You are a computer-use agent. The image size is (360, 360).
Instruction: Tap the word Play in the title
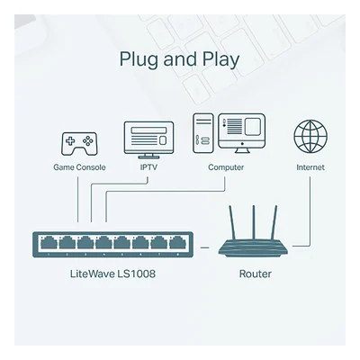point(220,59)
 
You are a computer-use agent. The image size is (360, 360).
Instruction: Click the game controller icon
point(79,144)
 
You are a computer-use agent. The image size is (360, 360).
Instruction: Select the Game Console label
point(79,167)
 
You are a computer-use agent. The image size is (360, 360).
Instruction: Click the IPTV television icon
point(148,139)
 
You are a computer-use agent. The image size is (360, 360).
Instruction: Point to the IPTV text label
point(148,167)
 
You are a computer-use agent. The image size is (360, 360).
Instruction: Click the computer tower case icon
point(203,133)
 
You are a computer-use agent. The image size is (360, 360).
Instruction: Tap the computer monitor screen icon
point(242,133)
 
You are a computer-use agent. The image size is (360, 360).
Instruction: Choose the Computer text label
point(226,167)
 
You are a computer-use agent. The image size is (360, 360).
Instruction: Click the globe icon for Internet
point(310,137)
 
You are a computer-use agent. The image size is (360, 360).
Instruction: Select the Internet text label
point(310,167)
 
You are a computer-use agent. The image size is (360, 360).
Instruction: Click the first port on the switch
point(49,242)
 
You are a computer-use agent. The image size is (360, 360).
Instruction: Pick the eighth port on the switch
point(177,242)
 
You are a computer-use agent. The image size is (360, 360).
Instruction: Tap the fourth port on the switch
point(103,242)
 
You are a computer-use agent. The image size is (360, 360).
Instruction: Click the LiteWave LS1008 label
point(112,274)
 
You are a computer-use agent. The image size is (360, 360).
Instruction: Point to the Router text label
point(256,274)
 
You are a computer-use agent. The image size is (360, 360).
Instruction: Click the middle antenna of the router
point(254,222)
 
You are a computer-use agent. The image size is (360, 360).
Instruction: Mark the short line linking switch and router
point(204,247)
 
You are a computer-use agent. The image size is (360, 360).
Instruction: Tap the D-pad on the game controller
point(70,140)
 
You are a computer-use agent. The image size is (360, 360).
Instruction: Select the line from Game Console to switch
point(78,200)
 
